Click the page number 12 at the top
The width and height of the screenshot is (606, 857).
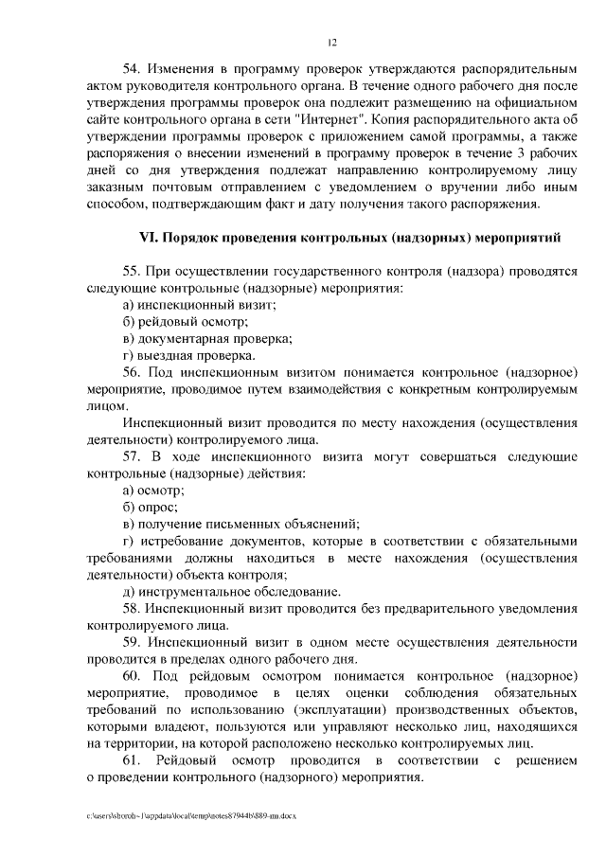331,42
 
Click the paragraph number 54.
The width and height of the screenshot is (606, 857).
134,69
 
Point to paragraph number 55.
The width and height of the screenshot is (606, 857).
134,270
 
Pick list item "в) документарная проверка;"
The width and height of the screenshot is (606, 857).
207,338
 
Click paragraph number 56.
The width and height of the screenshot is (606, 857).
134,372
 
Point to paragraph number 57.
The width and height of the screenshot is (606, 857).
134,456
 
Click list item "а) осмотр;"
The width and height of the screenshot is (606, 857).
153,491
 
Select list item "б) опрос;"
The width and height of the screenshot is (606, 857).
151,508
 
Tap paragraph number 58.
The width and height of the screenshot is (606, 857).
134,609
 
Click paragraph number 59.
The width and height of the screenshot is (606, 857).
134,643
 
